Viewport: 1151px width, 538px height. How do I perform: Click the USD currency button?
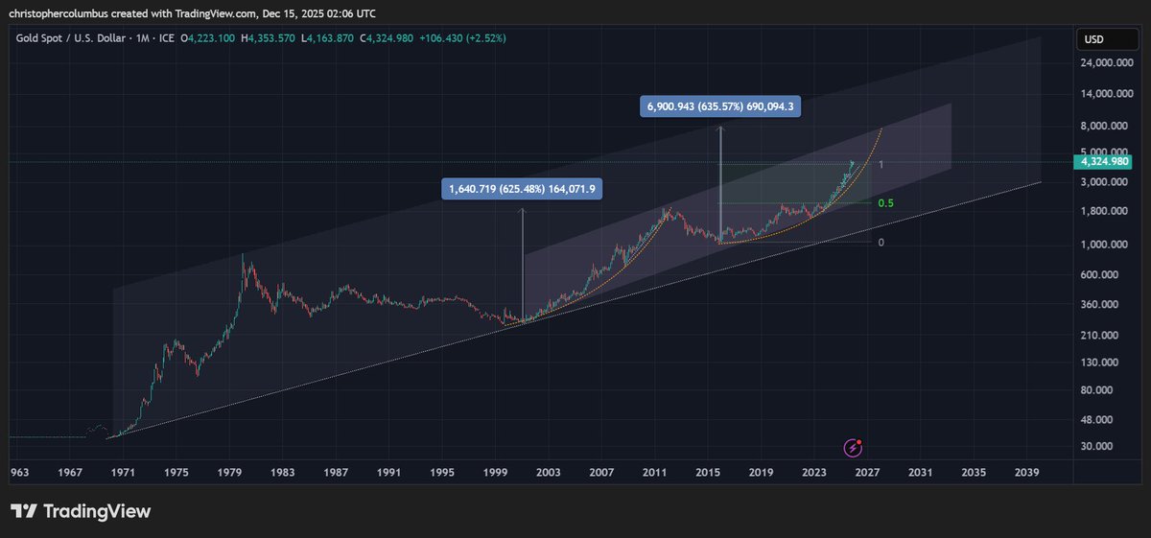click(x=1094, y=39)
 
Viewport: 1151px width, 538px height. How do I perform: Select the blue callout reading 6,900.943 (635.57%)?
click(x=719, y=106)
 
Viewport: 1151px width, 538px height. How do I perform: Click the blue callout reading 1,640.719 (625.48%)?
click(x=523, y=189)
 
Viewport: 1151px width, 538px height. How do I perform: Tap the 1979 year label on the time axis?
click(x=228, y=473)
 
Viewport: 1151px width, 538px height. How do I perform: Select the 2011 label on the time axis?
click(x=655, y=473)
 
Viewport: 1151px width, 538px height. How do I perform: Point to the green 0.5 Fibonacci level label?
click(x=885, y=203)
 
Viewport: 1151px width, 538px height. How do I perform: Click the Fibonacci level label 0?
click(x=881, y=243)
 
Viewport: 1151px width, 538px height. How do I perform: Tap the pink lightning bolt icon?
click(x=853, y=448)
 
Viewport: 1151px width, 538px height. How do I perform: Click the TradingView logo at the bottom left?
click(x=81, y=511)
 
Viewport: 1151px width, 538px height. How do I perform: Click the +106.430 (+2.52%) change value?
click(x=465, y=37)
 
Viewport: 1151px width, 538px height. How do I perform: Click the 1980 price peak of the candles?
click(x=242, y=255)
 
